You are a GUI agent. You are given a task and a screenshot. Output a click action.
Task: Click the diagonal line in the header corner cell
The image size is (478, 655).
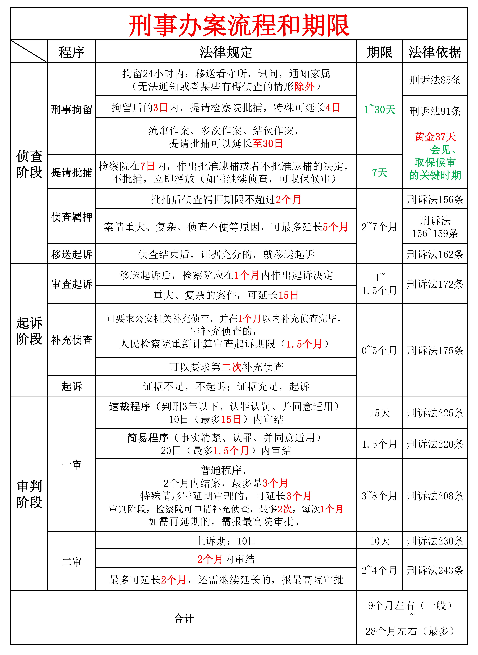coord(29,51)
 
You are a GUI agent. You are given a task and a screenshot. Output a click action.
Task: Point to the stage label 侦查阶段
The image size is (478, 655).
coord(29,164)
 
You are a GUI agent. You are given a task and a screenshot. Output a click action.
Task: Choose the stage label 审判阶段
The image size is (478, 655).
coord(29,494)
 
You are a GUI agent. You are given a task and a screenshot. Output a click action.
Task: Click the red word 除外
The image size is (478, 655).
coord(304,86)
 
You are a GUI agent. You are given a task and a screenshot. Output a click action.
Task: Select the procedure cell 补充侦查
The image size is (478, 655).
coord(71,340)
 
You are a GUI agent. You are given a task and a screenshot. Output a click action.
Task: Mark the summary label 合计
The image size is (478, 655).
coord(184,619)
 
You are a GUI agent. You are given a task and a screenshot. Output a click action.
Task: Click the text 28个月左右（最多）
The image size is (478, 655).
coord(410,631)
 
